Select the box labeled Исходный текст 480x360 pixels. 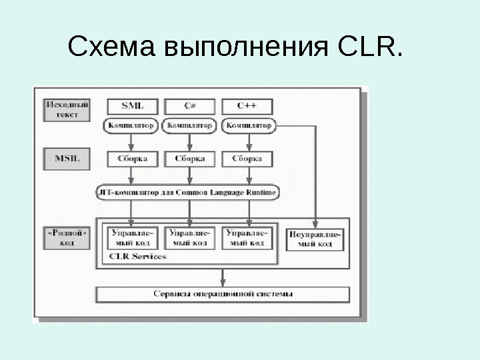[67, 109]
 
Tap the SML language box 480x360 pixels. [131, 105]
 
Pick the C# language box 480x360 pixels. [189, 105]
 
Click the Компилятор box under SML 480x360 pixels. [131, 125]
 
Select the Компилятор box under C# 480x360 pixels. [189, 125]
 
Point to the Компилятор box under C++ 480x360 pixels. [248, 125]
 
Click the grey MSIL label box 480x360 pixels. [67, 159]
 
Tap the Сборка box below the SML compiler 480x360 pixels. [132, 159]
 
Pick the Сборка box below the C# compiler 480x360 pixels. [189, 159]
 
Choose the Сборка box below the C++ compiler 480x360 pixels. [247, 159]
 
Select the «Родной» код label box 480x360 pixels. [67, 238]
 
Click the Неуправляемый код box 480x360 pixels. [315, 239]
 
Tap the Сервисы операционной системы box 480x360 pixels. [223, 294]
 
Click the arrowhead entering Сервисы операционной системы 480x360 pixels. [223, 282]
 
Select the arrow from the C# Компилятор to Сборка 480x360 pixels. [190, 142]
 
